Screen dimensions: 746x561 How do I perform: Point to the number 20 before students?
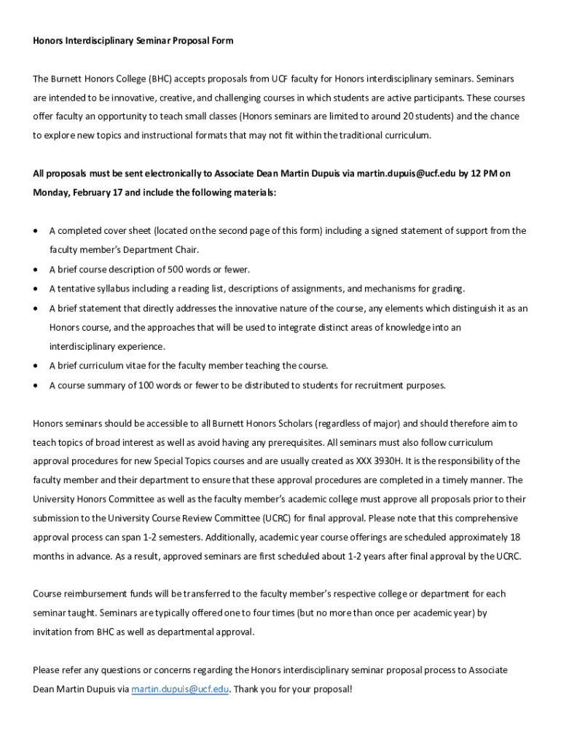click(x=387, y=117)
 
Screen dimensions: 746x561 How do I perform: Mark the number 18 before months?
click(x=514, y=538)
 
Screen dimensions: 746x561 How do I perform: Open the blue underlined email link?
click(x=180, y=688)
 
